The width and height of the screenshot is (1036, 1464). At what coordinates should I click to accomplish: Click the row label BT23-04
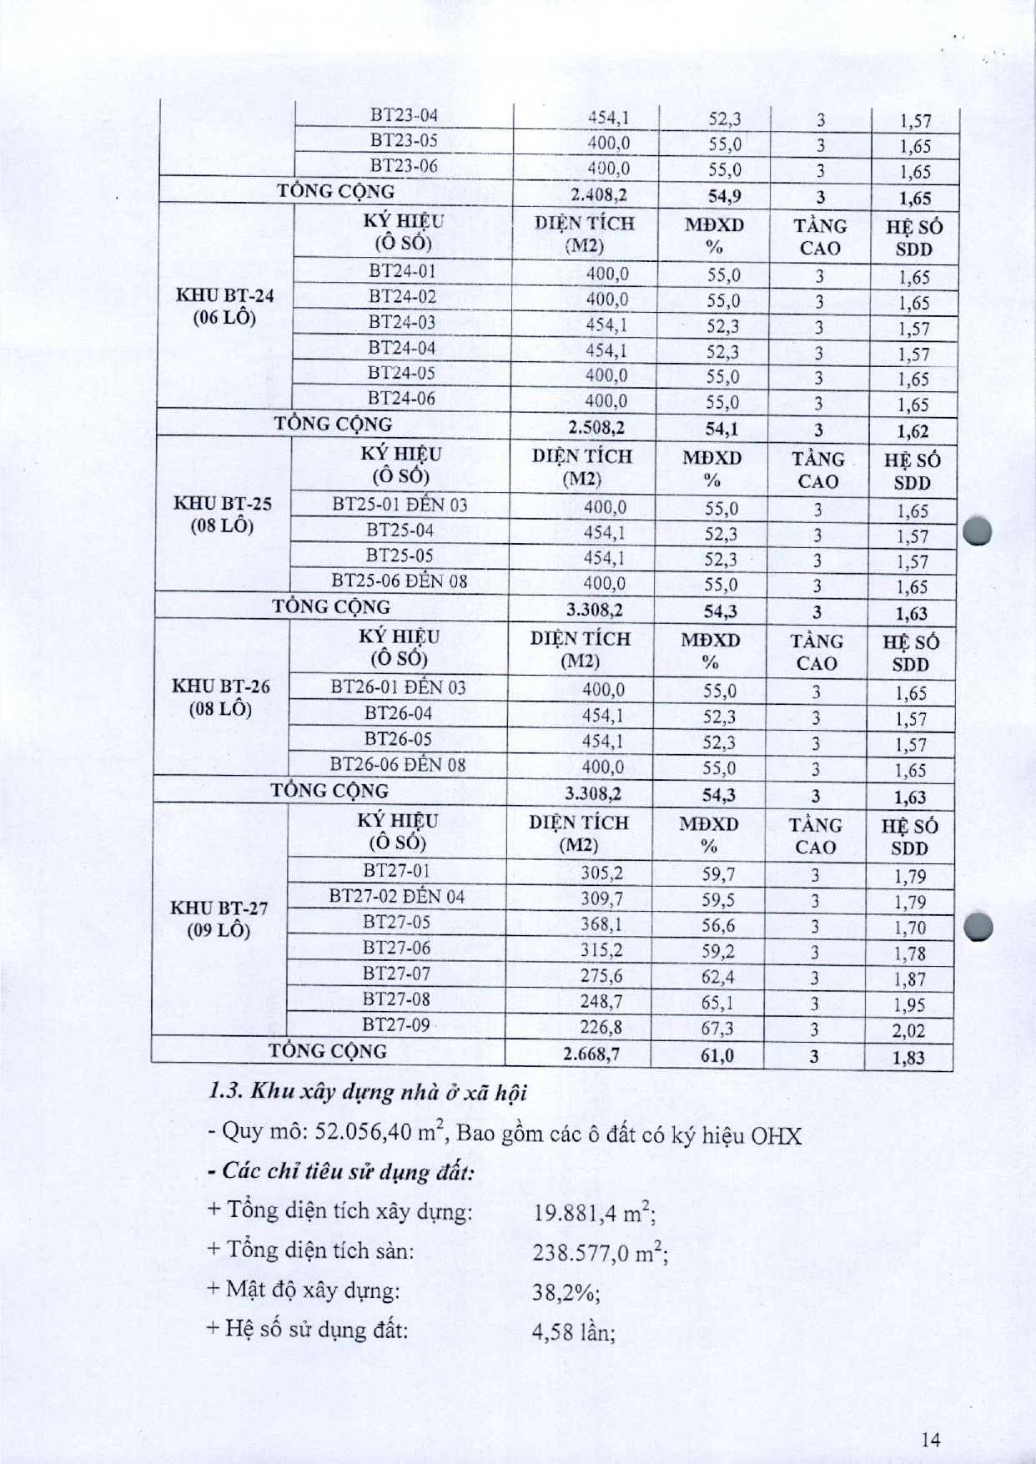[x=404, y=116]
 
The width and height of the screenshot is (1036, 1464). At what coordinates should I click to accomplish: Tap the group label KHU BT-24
[x=224, y=295]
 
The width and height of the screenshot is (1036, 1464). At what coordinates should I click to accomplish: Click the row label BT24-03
[x=402, y=323]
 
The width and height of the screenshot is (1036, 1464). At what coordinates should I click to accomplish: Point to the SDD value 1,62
[x=913, y=431]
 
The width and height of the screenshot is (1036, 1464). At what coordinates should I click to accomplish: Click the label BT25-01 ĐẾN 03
[x=400, y=505]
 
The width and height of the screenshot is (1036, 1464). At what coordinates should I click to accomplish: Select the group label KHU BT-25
[x=223, y=504]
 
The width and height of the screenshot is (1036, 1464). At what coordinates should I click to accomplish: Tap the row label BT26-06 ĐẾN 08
[x=398, y=764]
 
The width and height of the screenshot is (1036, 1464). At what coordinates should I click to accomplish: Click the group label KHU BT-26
[x=221, y=687]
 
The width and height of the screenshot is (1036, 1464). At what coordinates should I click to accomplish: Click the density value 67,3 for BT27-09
[x=717, y=1028]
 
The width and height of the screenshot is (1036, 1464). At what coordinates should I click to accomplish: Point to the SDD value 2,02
[x=908, y=1030]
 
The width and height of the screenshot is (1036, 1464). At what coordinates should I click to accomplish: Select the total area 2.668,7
[x=591, y=1054]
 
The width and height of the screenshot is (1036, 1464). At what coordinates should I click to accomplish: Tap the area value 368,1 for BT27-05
[x=601, y=924]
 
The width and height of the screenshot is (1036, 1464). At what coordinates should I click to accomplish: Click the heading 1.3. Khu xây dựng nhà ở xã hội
[x=368, y=1092]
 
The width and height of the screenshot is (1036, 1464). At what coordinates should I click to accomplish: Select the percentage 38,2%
[x=566, y=1292]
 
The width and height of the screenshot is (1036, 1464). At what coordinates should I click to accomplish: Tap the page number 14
[x=932, y=1439]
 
